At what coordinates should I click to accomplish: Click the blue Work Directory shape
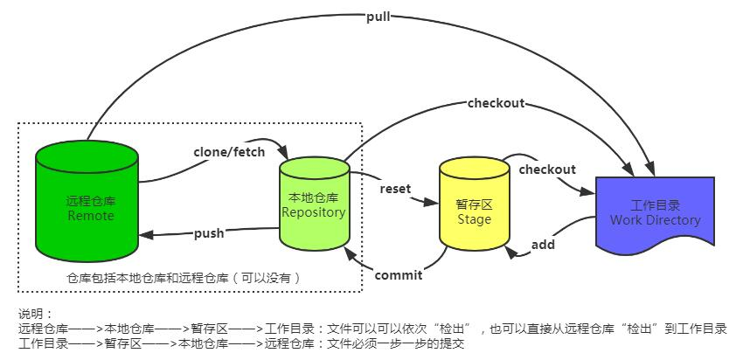pyautogui.click(x=655, y=214)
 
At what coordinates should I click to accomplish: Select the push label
pyautogui.click(x=209, y=233)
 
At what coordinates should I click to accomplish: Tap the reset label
pyautogui.click(x=395, y=189)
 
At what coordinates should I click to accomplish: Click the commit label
pyautogui.click(x=399, y=275)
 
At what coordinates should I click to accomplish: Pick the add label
pyautogui.click(x=543, y=245)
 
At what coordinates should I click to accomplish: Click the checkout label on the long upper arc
pyautogui.click(x=496, y=103)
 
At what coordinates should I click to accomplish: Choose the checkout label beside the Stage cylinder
pyautogui.click(x=547, y=170)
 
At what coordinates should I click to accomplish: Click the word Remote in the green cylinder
pyautogui.click(x=90, y=216)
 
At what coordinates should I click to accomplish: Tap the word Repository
pyautogui.click(x=313, y=212)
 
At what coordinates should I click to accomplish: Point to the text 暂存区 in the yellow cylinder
pyautogui.click(x=475, y=204)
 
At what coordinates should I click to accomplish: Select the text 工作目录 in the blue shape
pyautogui.click(x=655, y=205)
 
